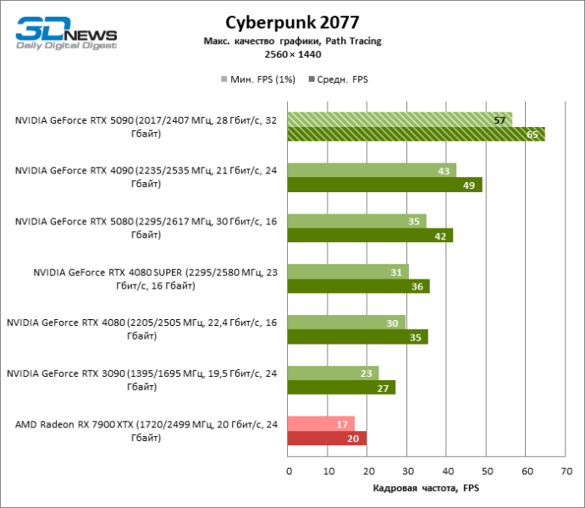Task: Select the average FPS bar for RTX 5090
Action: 416,134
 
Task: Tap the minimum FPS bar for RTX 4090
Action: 372,170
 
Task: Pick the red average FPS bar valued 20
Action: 327,439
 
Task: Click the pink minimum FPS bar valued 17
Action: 321,424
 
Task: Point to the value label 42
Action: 440,236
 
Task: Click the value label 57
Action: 499,120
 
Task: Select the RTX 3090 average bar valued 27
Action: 341,388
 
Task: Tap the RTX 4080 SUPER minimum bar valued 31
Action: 348,272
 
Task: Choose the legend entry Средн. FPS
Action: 342,80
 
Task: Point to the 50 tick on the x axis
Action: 486,470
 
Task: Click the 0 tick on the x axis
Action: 289,470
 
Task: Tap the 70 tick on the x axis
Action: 565,470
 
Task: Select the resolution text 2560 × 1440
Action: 291,54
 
